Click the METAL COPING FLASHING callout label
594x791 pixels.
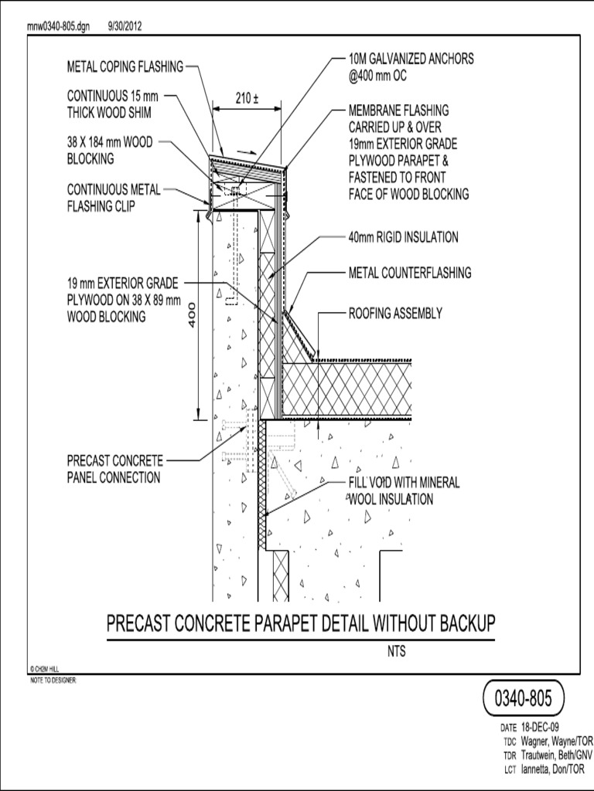(125, 66)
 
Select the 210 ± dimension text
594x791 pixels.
(247, 98)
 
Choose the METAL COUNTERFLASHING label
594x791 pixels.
(409, 273)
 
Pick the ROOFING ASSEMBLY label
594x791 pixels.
(395, 314)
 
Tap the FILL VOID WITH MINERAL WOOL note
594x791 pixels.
(403, 491)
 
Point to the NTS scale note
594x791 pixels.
(396, 651)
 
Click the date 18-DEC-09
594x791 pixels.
(540, 727)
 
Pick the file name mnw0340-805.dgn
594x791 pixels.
(59, 26)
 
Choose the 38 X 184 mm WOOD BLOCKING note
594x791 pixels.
(110, 151)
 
